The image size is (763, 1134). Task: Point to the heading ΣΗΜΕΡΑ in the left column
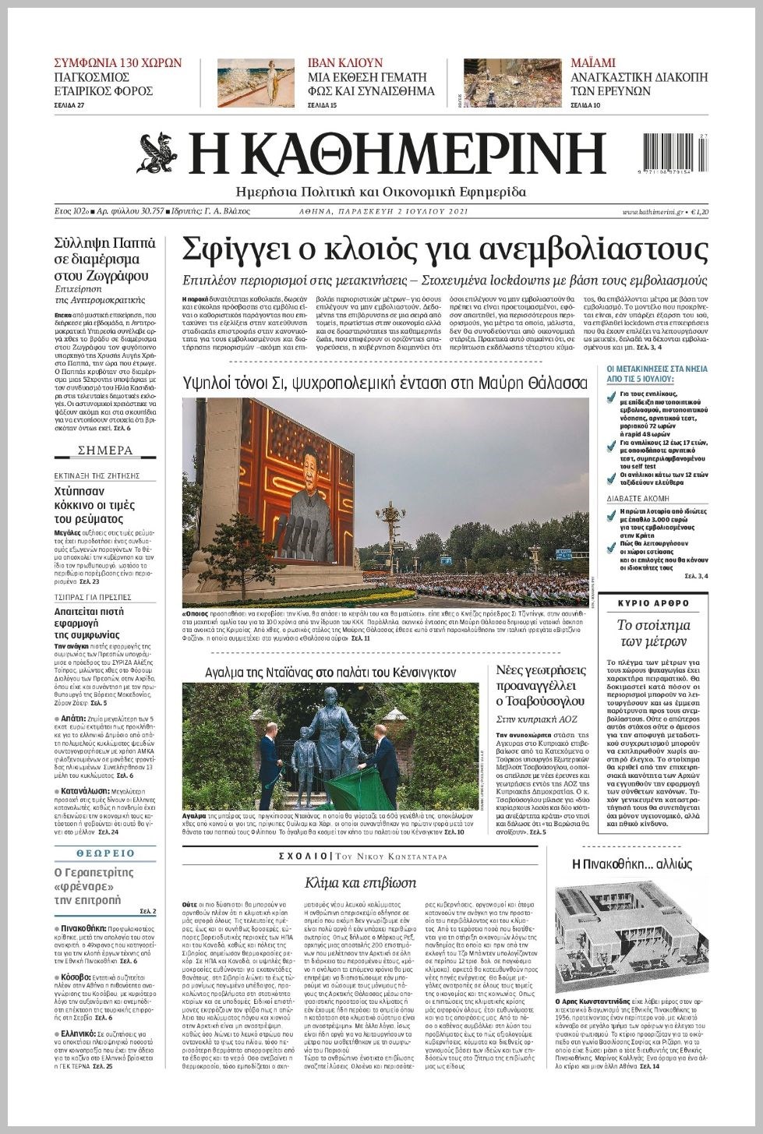pyautogui.click(x=105, y=450)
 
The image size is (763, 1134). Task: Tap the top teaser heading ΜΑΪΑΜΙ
pyautogui.click(x=593, y=63)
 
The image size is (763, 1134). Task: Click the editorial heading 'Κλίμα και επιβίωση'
pyautogui.click(x=360, y=883)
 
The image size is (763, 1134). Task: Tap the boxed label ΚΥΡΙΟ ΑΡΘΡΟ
pyautogui.click(x=653, y=603)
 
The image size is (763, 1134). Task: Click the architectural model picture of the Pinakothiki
pyautogui.click(x=631, y=938)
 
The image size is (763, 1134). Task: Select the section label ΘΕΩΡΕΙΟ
pyautogui.click(x=105, y=853)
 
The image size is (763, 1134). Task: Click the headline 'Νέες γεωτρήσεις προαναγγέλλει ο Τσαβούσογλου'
pyautogui.click(x=540, y=686)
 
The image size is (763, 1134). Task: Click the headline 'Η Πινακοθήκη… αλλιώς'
pyautogui.click(x=631, y=864)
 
